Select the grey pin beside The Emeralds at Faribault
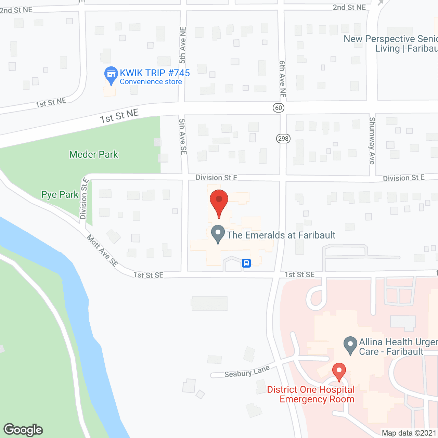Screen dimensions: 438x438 point(218,234)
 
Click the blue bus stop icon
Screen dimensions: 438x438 point(246,263)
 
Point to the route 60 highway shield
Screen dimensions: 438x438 point(279,108)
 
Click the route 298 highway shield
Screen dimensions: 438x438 point(283,139)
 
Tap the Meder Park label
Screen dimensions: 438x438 point(93,155)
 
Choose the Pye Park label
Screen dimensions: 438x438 point(60,195)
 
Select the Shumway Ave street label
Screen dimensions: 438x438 point(372,141)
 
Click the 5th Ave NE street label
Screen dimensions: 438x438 point(183,45)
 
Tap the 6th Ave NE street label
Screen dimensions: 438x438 point(283,79)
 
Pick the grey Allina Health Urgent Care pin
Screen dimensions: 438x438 point(350,346)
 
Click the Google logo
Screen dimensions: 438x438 point(23,430)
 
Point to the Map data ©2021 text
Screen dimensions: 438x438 point(409,433)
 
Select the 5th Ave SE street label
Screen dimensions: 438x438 point(183,137)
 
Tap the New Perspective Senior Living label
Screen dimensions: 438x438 point(390,44)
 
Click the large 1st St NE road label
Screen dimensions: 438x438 point(119,116)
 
